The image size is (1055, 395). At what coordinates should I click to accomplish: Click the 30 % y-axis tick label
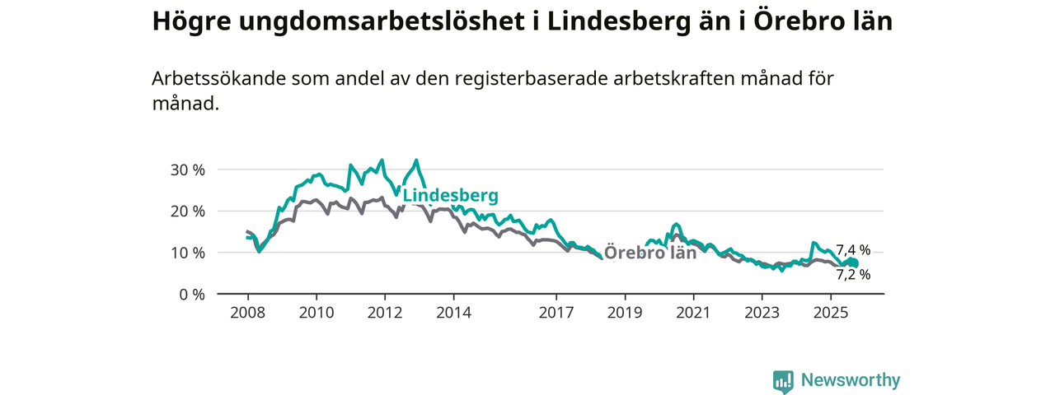click(x=187, y=170)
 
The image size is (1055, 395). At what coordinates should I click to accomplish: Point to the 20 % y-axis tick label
click(x=187, y=211)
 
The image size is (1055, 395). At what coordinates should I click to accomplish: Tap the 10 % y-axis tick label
click(x=187, y=252)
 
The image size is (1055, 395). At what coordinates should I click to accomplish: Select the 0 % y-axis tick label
click(x=191, y=294)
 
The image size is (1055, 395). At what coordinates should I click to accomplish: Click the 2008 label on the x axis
click(x=247, y=313)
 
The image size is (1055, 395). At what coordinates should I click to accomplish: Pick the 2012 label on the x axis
click(x=385, y=313)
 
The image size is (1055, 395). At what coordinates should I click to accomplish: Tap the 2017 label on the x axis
click(x=556, y=313)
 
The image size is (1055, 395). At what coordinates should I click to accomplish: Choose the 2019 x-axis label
click(x=625, y=313)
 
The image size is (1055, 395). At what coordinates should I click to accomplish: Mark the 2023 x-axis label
click(x=762, y=313)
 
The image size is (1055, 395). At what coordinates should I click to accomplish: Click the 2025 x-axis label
click(x=831, y=313)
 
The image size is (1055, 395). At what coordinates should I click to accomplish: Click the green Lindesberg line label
click(x=450, y=196)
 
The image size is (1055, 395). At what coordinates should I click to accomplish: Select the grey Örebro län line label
click(x=650, y=253)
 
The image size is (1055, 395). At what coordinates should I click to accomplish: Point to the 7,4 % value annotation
click(x=853, y=250)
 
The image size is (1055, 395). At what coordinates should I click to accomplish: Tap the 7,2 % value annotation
click(x=853, y=275)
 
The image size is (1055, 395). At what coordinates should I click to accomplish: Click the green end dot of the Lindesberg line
click(x=854, y=263)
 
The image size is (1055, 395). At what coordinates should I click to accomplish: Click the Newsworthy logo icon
click(x=783, y=381)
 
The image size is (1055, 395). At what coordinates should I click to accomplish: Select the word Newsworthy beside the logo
click(x=851, y=380)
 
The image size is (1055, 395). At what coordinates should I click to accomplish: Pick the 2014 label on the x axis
click(x=453, y=313)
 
